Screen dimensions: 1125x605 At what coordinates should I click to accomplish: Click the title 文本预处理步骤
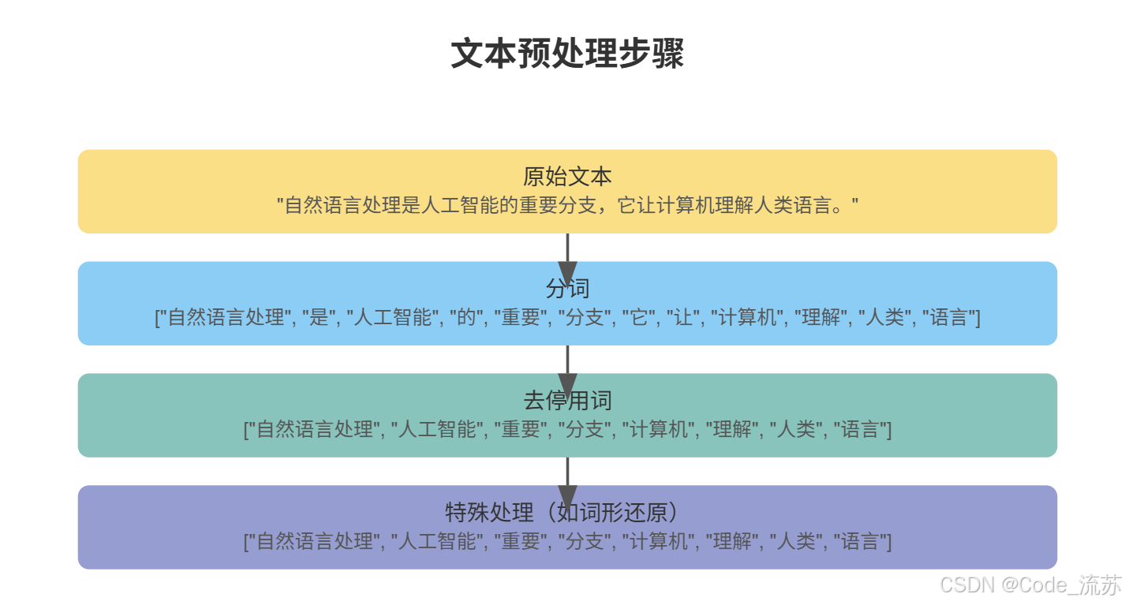point(567,54)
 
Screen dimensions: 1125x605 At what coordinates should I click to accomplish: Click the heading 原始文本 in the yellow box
point(567,176)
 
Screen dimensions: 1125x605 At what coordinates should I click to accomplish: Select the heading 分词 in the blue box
point(567,288)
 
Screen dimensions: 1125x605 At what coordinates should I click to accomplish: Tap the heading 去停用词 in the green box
point(567,400)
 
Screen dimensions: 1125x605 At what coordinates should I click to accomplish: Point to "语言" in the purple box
point(861,542)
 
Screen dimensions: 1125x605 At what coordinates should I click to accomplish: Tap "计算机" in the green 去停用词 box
point(658,430)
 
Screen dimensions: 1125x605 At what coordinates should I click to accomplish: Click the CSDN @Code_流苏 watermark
point(1031,585)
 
